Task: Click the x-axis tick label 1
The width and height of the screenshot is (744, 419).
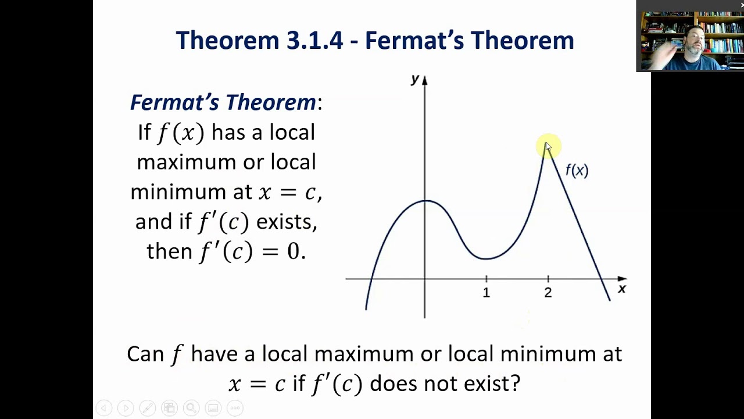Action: point(487,293)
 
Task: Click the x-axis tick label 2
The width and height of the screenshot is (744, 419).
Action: point(548,293)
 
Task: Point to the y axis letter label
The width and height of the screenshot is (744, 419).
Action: point(415,79)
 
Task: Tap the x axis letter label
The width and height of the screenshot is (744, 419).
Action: point(622,289)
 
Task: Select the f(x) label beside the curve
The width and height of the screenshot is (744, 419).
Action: point(577,171)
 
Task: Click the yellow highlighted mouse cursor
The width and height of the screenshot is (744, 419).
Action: point(548,147)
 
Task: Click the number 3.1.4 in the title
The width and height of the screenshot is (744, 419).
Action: point(314,41)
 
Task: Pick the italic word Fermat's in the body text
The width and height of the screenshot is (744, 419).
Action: point(174,102)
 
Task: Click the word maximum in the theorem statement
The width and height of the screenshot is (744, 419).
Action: point(187,162)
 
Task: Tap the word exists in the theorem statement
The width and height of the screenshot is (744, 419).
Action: point(287,222)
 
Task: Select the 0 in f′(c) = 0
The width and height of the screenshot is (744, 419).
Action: point(294,251)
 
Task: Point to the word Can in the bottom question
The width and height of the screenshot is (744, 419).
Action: point(145,354)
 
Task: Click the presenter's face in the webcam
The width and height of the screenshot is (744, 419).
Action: point(695,41)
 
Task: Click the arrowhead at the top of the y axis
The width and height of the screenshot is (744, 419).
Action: point(424,80)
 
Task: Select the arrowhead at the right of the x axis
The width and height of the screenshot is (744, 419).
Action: point(623,279)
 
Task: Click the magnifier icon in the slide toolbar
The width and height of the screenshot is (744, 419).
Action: point(191,408)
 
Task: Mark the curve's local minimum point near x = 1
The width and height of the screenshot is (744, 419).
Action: point(485,258)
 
